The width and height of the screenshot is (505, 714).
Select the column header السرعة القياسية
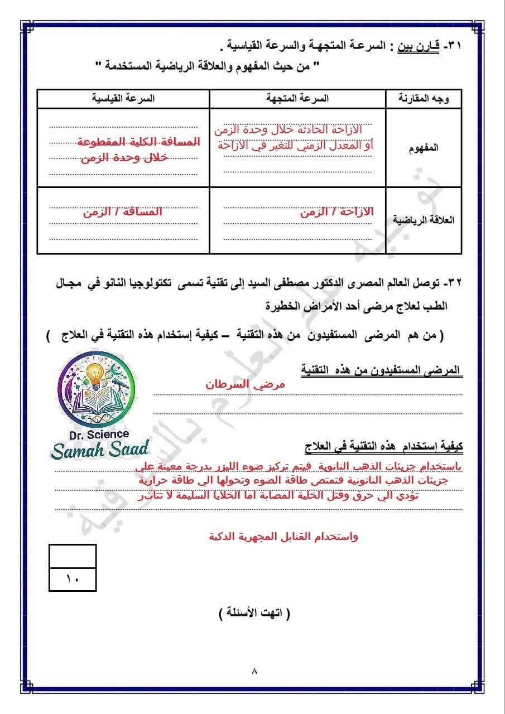123,98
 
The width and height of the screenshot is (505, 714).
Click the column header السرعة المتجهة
297,98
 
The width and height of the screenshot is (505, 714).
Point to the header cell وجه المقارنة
425,98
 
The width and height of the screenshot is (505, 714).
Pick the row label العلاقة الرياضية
424,220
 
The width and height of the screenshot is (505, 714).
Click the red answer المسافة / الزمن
123,212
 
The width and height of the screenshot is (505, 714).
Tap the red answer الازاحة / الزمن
336,212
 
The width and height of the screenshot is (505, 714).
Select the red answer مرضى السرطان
245,385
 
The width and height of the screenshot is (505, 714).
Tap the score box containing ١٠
73,578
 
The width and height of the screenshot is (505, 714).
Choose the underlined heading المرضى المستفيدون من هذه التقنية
381,370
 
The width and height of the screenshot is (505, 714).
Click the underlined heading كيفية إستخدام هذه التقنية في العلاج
383,446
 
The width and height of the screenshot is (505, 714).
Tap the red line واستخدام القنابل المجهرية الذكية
283,537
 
